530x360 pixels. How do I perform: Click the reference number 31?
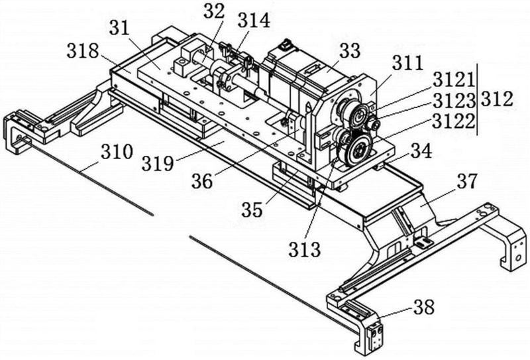[119, 28]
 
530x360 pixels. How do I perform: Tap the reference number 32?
[213, 11]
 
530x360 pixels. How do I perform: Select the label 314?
[254, 21]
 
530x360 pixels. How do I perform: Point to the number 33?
[350, 51]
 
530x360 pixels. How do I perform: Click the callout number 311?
[408, 62]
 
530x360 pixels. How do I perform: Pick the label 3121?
[454, 80]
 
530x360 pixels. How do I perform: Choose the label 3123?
[454, 100]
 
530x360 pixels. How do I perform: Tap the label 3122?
[454, 121]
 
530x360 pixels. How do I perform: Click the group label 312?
[497, 99]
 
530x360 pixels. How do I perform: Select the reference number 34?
[421, 151]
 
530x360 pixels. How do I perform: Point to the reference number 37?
[468, 182]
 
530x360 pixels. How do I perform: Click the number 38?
[423, 308]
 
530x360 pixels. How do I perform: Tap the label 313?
[304, 250]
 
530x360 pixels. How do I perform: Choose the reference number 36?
[202, 182]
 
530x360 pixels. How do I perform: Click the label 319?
[158, 164]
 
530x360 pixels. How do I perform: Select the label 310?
[117, 152]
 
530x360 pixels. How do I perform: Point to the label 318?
[83, 52]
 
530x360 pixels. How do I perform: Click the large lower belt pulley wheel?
[359, 150]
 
